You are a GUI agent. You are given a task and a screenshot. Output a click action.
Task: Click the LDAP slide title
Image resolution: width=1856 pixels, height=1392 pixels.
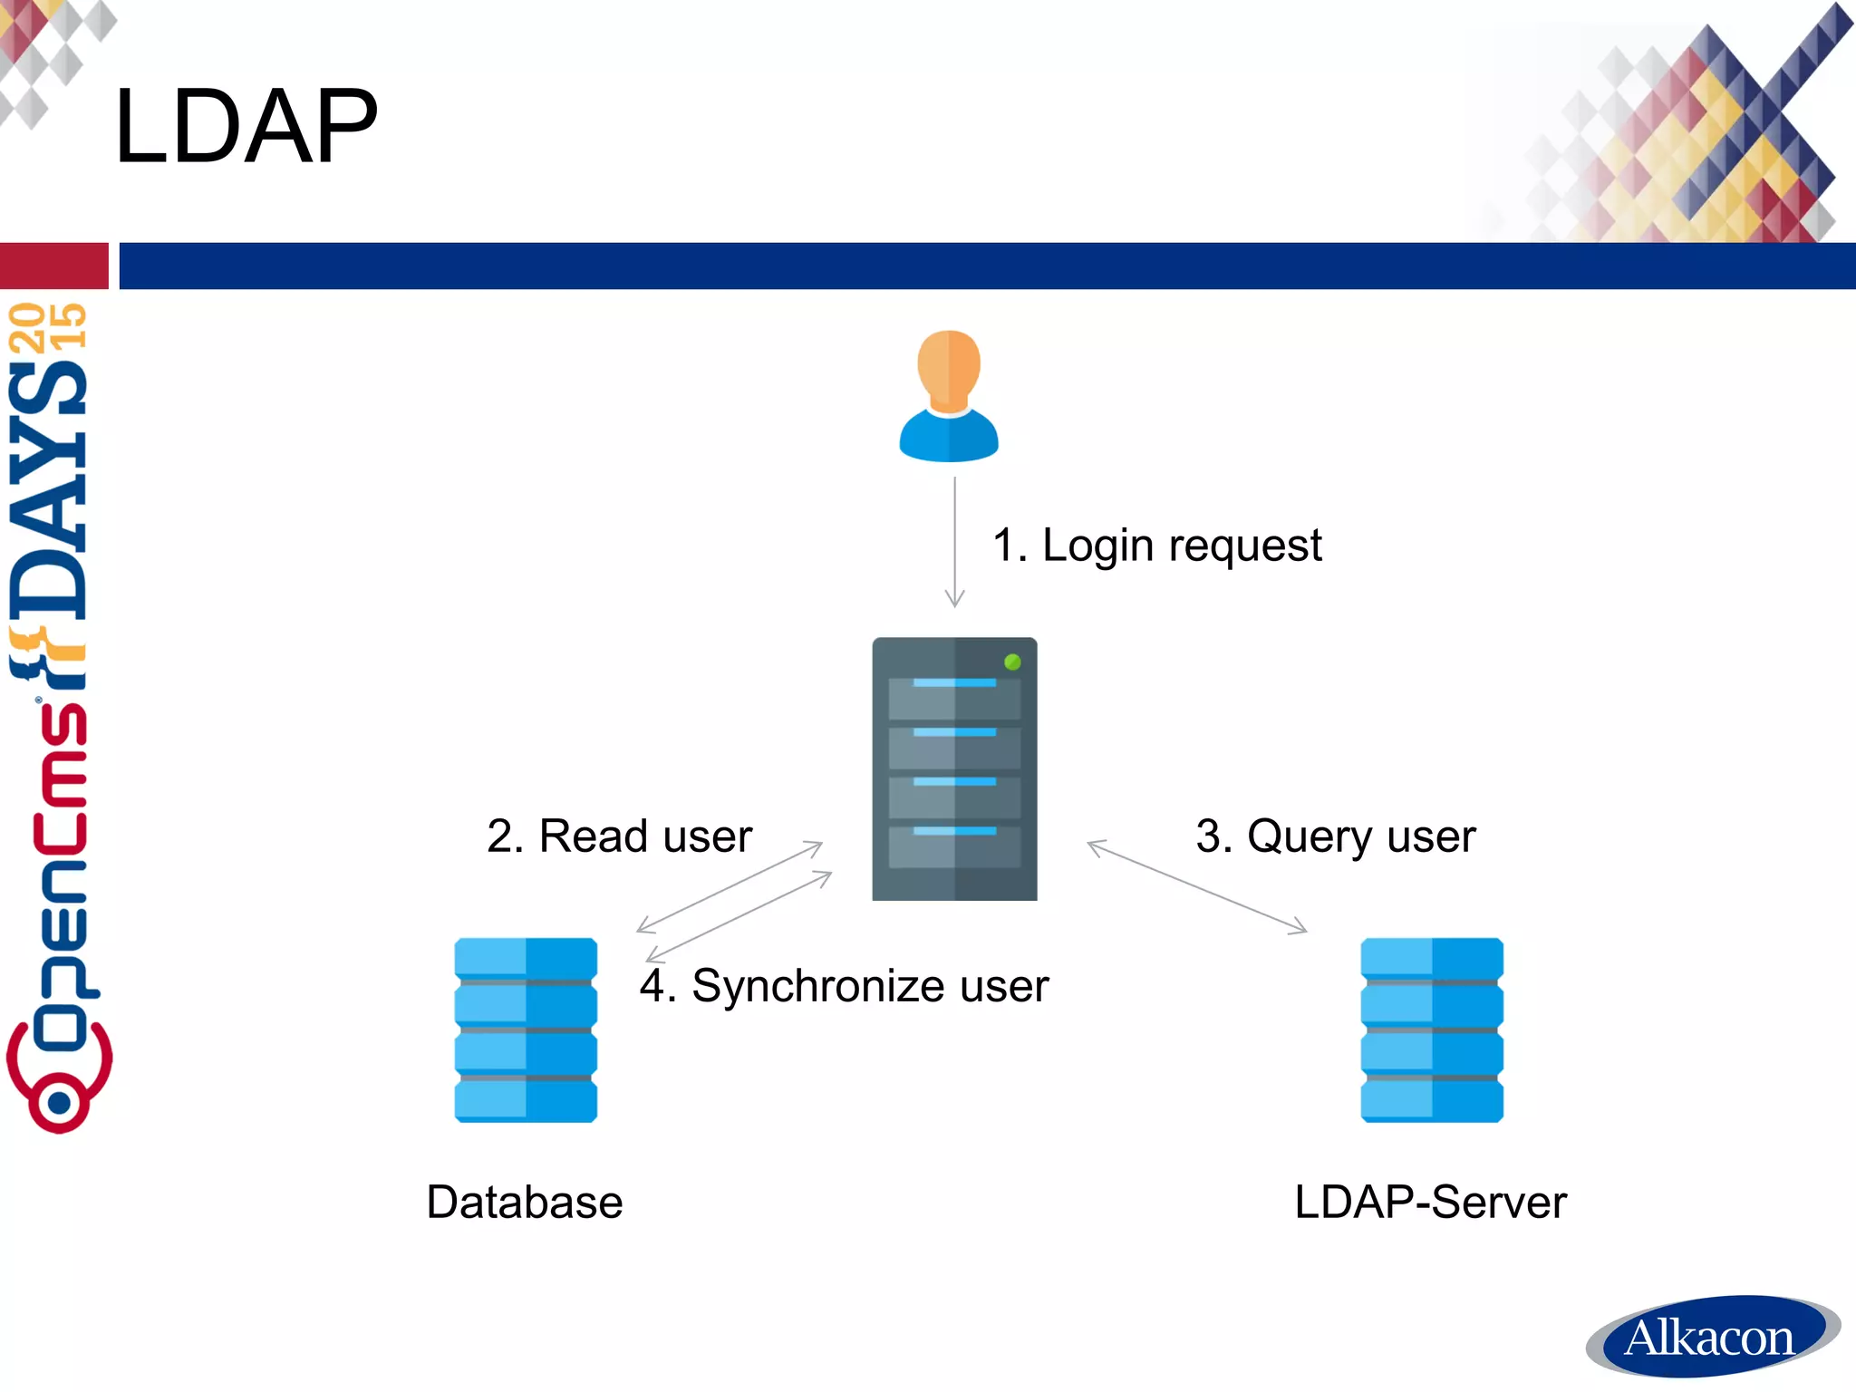coord(246,126)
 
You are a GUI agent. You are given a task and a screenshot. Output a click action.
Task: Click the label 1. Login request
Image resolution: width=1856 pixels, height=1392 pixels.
coord(1156,546)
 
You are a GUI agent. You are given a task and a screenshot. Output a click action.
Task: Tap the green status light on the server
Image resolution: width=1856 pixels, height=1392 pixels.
coord(1012,662)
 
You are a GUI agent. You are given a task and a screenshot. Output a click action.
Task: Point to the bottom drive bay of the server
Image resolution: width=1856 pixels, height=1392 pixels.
coord(953,846)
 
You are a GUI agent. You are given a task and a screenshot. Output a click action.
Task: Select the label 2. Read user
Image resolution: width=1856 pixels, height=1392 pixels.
coord(619,836)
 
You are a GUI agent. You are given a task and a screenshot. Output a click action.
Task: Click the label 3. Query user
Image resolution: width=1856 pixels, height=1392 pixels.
coord(1335,836)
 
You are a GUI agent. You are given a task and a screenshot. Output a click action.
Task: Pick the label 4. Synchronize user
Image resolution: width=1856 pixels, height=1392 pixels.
coord(843,986)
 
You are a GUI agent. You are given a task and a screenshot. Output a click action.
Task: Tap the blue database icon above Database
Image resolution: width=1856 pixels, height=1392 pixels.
coord(526,1029)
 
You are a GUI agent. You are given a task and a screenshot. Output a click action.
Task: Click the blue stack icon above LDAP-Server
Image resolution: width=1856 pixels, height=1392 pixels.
coord(1432,1029)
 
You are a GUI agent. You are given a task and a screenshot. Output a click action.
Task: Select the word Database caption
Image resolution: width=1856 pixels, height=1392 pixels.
coord(525,1203)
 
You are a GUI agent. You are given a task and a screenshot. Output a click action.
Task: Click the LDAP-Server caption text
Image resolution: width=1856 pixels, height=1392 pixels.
coord(1430,1203)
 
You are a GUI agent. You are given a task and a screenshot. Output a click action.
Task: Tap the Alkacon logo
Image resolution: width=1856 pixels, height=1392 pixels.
coord(1711,1338)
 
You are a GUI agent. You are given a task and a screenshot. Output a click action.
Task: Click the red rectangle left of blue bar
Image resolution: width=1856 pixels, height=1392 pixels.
coord(53,266)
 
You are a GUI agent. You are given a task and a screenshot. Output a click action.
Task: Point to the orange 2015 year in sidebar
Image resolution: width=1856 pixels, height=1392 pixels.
coord(47,326)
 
